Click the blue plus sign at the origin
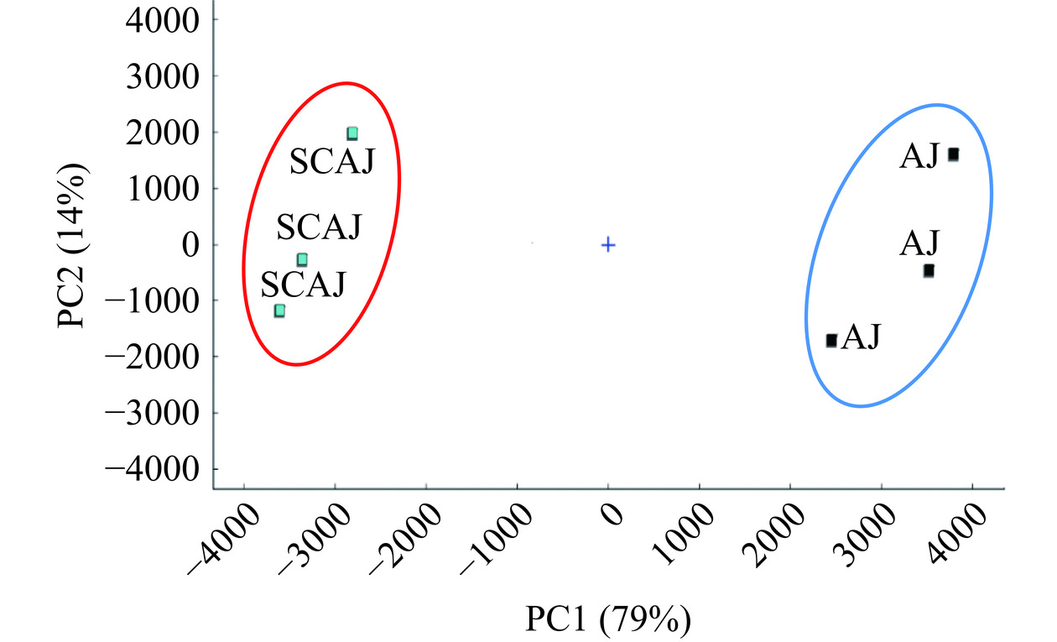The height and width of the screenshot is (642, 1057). coord(608,245)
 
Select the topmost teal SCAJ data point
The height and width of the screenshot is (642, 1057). coord(352,133)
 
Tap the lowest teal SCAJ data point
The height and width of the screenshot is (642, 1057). coord(279,311)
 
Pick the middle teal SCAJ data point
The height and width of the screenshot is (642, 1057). coord(302,260)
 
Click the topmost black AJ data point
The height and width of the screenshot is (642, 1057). coord(953,155)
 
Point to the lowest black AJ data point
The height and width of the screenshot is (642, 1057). coord(831,340)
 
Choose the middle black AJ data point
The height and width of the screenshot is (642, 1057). coord(929,271)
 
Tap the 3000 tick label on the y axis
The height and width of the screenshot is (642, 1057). coord(159,76)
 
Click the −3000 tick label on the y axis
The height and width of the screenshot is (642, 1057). coord(150,413)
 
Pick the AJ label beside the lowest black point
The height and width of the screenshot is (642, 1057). coord(861,337)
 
